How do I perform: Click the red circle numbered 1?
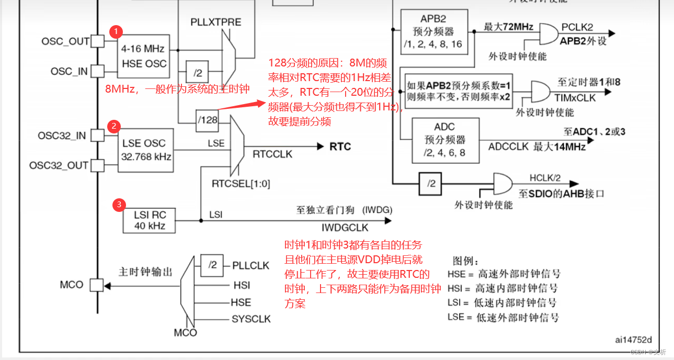[x=116, y=32]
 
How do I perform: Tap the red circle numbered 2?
[x=113, y=126]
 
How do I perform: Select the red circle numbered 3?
[x=119, y=205]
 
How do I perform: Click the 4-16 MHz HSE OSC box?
[x=143, y=57]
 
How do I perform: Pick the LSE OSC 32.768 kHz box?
[x=144, y=150]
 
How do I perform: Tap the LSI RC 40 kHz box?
[x=150, y=220]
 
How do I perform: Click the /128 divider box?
[x=207, y=120]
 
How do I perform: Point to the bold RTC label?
[x=340, y=147]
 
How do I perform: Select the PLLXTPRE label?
[x=216, y=22]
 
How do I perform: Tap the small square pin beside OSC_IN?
[x=97, y=71]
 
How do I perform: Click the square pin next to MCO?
[x=97, y=285]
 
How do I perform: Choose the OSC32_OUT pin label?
[x=59, y=165]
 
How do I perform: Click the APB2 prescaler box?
[x=433, y=31]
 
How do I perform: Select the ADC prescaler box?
[x=445, y=140]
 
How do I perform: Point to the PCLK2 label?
[x=577, y=27]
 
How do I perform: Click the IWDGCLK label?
[x=345, y=228]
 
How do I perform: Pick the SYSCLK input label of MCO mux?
[x=251, y=319]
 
